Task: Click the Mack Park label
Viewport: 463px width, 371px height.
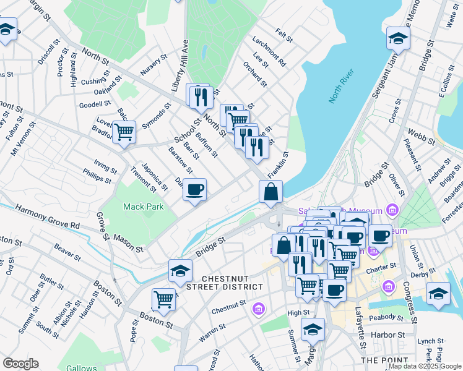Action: [x=143, y=207]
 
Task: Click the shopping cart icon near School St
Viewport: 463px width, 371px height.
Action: [x=124, y=132]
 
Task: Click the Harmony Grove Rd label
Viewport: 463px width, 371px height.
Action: [x=48, y=218]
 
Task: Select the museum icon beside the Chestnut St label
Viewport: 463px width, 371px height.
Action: [x=259, y=309]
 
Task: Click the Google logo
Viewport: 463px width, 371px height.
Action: [x=20, y=364]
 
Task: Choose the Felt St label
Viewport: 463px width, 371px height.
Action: [x=284, y=36]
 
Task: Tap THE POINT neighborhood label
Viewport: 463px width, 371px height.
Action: [x=384, y=360]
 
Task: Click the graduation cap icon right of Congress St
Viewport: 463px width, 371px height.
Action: [x=438, y=294]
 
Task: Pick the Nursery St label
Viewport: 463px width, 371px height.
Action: [x=154, y=65]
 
